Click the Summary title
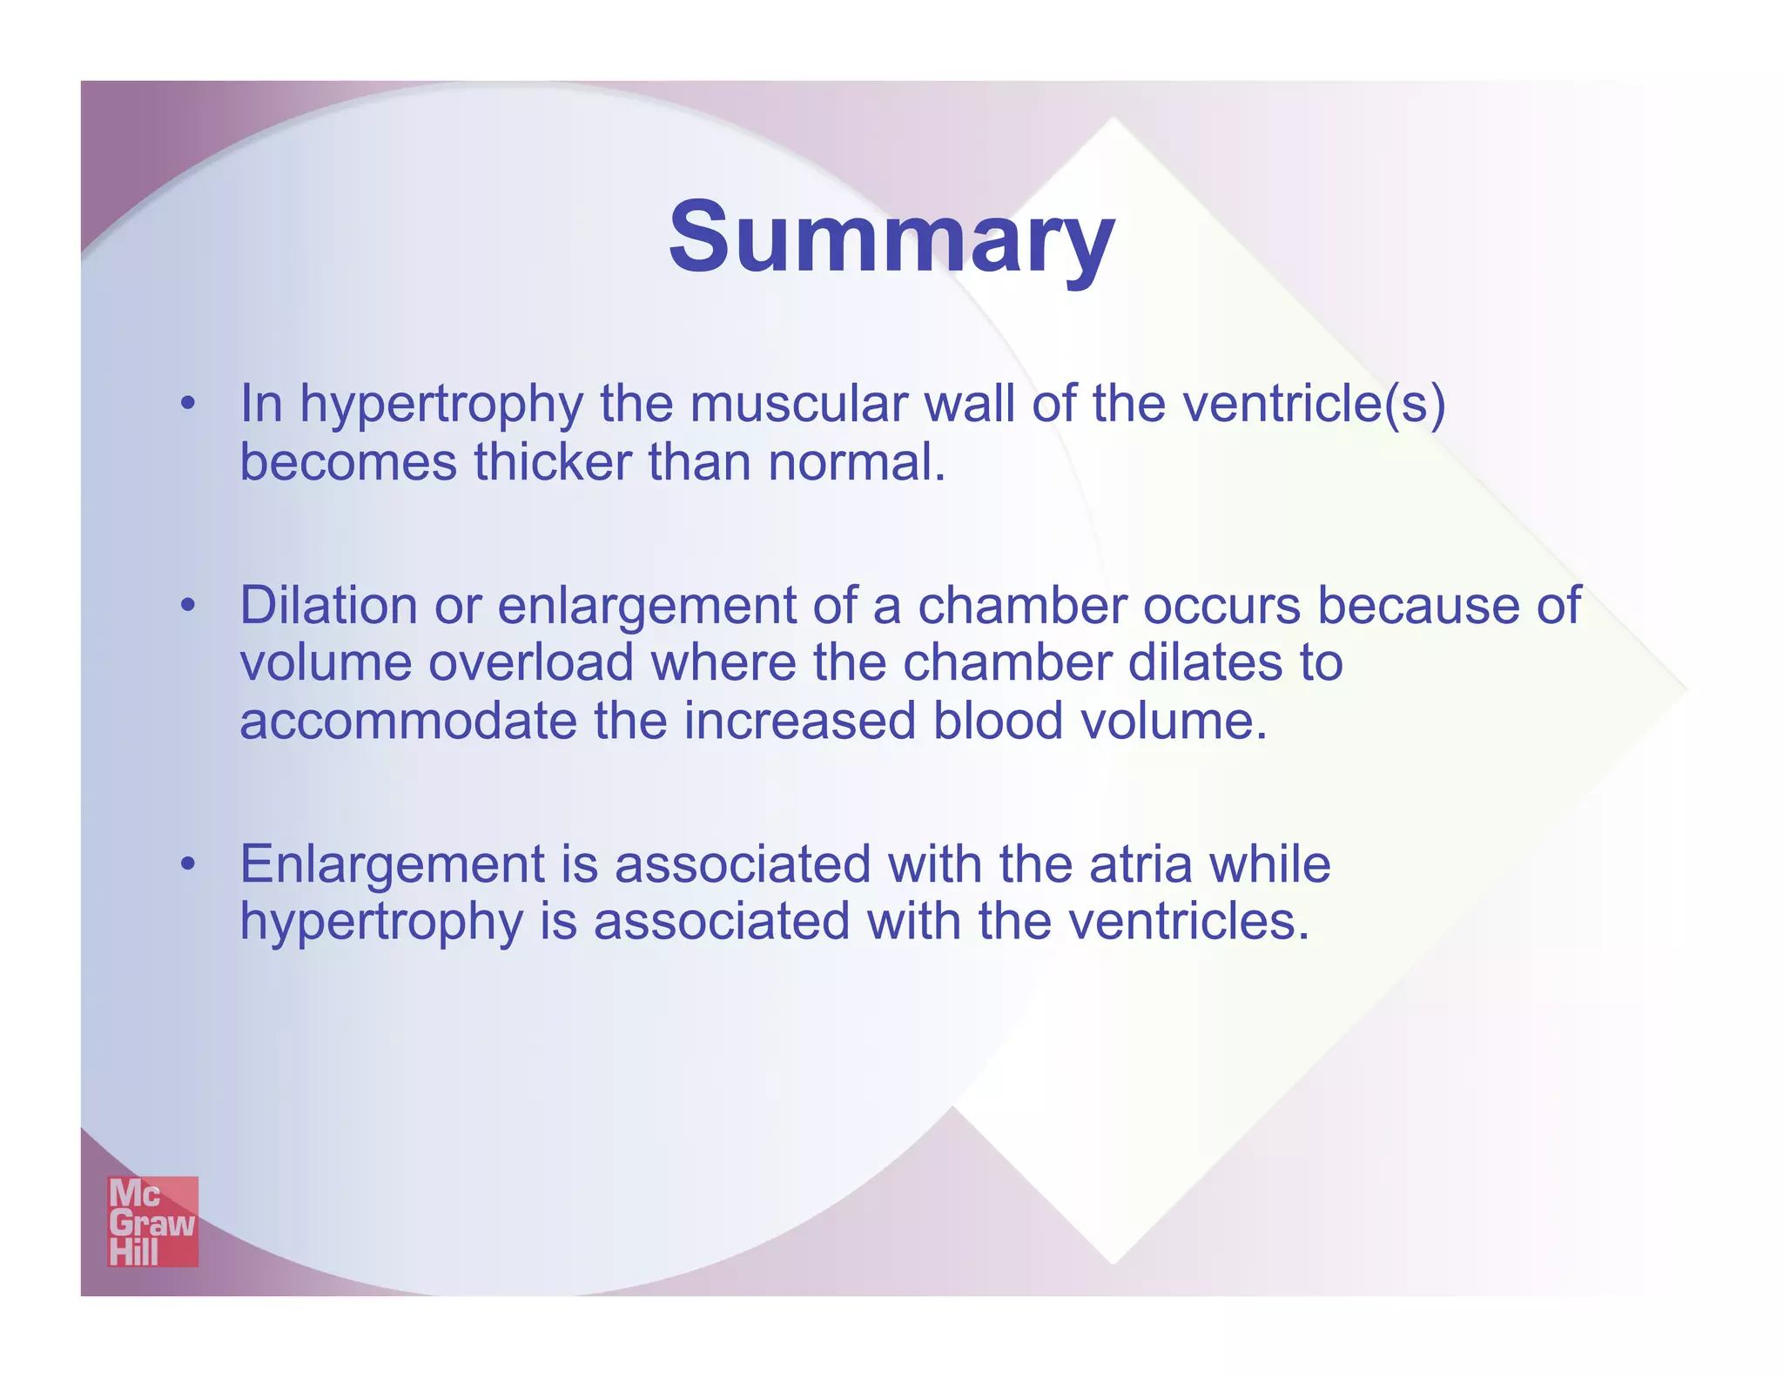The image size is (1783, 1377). tap(891, 238)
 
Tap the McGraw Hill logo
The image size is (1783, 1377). tap(152, 1221)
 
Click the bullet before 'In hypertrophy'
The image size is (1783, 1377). tap(187, 405)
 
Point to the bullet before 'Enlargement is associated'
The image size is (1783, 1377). tap(187, 864)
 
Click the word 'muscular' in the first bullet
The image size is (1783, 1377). tap(797, 405)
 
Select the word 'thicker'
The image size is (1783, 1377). tap(552, 462)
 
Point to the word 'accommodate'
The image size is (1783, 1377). tap(407, 722)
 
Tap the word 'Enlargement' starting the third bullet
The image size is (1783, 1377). tap(392, 864)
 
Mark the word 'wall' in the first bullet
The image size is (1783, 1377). tap(969, 405)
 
